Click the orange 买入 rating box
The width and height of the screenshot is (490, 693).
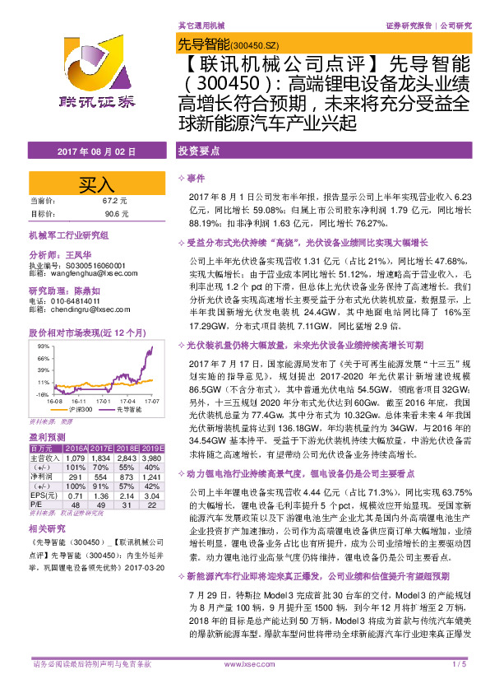tap(96, 183)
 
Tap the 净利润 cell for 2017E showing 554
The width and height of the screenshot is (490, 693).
tap(102, 477)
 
